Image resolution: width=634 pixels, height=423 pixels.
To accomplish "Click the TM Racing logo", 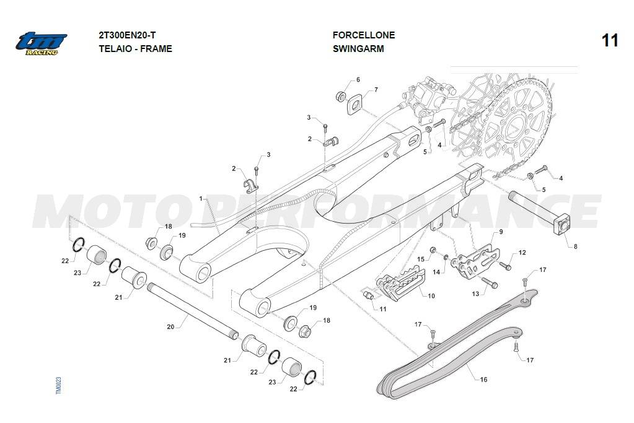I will pyautogui.click(x=42, y=43).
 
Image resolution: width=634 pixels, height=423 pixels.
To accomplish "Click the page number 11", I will pyautogui.click(x=610, y=41).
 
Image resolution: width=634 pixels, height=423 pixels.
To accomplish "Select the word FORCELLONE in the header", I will pyautogui.click(x=363, y=35).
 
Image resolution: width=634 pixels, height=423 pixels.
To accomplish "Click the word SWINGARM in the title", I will pyautogui.click(x=358, y=49).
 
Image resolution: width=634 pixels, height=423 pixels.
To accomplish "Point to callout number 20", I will pyautogui.click(x=170, y=326).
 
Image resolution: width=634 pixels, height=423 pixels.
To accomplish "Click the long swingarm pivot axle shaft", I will pyautogui.click(x=192, y=310).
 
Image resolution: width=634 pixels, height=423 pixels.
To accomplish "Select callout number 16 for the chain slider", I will pyautogui.click(x=483, y=380).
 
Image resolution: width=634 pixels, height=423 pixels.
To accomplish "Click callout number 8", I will pyautogui.click(x=575, y=246).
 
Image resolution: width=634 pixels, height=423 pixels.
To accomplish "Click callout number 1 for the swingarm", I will pyautogui.click(x=201, y=198).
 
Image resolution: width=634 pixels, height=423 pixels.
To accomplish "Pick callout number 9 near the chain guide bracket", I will pyautogui.click(x=501, y=232).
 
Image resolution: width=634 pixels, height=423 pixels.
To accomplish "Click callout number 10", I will pyautogui.click(x=431, y=296).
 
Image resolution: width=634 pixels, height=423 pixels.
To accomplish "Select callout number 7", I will pyautogui.click(x=376, y=90).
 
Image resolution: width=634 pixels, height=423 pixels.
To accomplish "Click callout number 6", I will pyautogui.click(x=358, y=80).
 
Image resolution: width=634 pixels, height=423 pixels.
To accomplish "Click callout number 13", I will pyautogui.click(x=475, y=294).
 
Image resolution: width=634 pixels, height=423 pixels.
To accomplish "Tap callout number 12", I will pyautogui.click(x=522, y=253).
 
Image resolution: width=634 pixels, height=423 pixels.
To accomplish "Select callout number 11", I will pyautogui.click(x=382, y=308).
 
